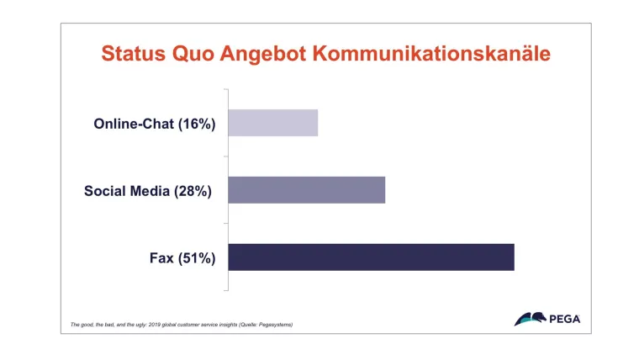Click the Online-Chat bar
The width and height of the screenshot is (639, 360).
[x=272, y=123]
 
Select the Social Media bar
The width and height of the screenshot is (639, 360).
[x=306, y=190]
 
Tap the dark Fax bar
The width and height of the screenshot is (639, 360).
[x=370, y=257]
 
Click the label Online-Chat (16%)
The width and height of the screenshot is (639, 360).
[x=155, y=124]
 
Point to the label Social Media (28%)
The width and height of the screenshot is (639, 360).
[x=148, y=191]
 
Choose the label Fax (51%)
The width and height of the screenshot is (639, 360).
[x=182, y=258]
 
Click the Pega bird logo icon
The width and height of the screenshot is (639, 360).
[x=530, y=319]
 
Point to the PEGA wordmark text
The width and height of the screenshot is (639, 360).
[x=564, y=320]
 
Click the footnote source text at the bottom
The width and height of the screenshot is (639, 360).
[x=181, y=324]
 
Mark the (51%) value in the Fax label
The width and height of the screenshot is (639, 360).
[x=197, y=258]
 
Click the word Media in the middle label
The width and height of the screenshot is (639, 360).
[x=150, y=191]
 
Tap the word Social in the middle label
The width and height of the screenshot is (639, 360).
[x=105, y=191]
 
